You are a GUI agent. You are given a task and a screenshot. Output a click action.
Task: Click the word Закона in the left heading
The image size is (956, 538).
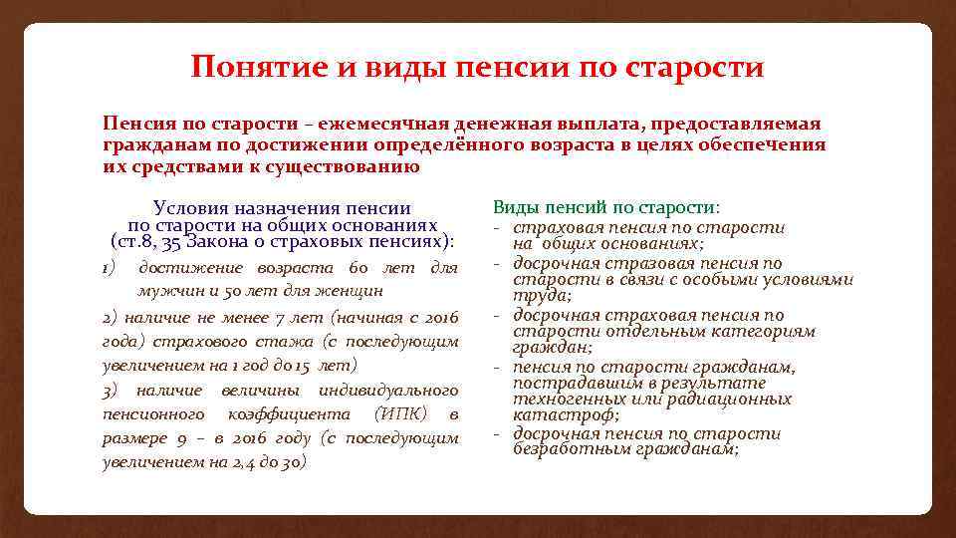232,241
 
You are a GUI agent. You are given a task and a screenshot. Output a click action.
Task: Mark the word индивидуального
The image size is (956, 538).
388,390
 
